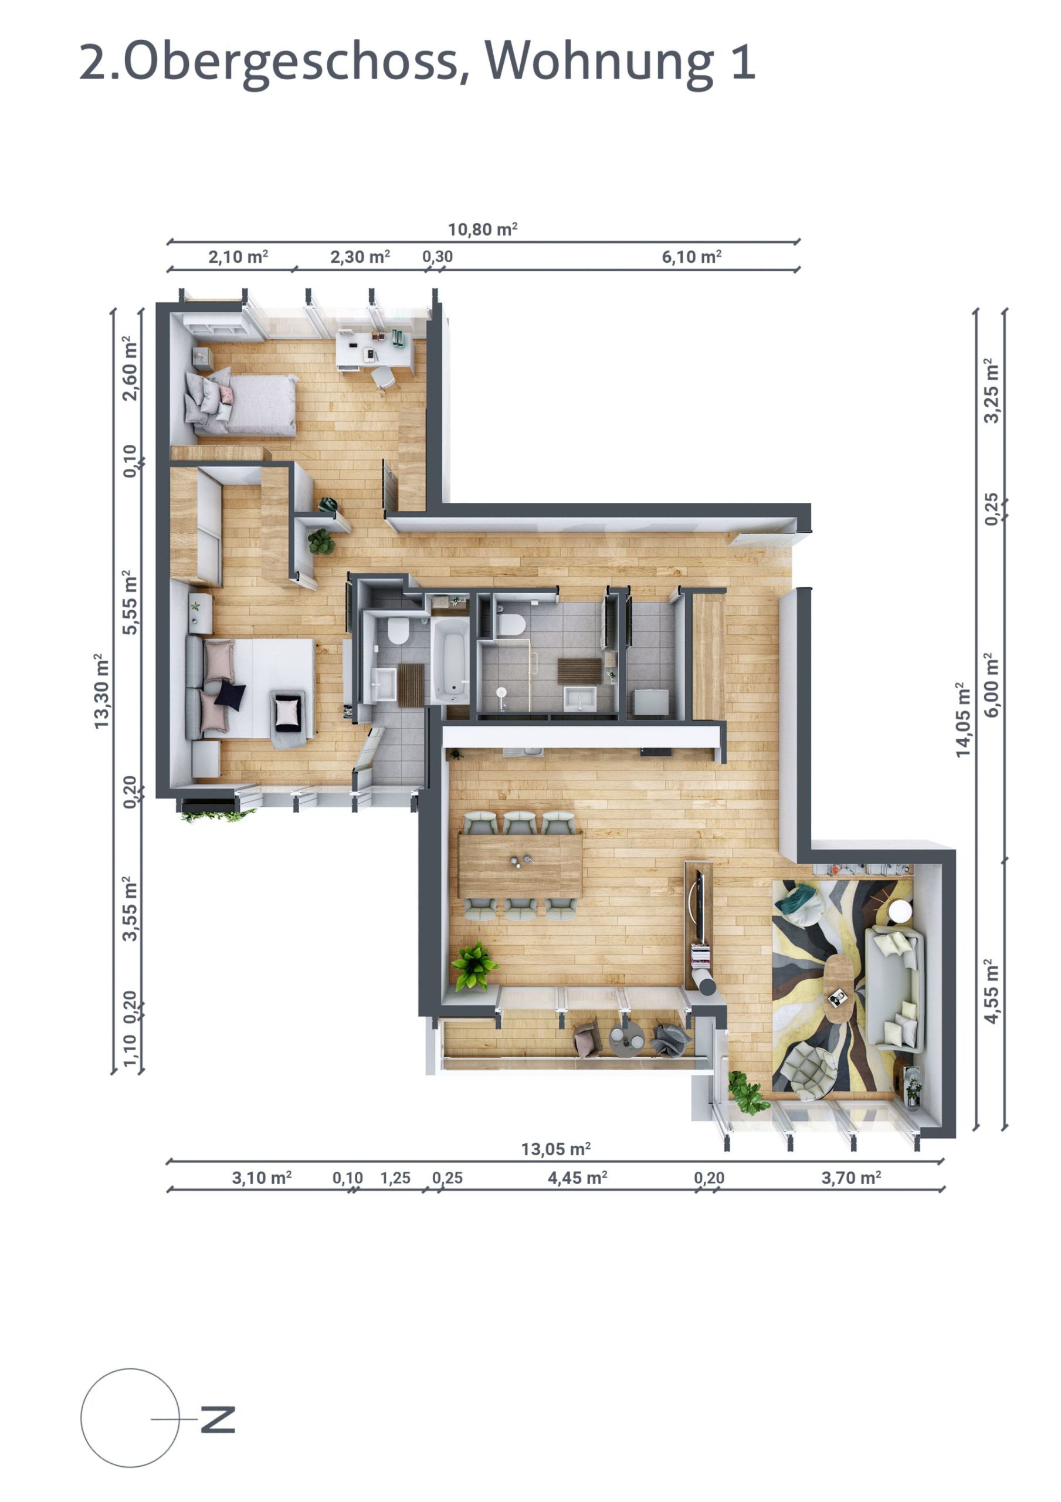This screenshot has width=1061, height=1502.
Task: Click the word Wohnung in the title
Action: coord(598,62)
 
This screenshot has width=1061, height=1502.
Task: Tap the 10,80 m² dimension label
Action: coord(482,229)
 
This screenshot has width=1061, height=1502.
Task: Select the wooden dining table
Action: coord(520,865)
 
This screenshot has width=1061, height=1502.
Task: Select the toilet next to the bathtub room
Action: coord(397,632)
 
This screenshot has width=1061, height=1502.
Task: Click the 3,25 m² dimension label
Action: coord(992,391)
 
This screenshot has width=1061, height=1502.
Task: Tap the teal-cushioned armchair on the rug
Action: coord(801,900)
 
